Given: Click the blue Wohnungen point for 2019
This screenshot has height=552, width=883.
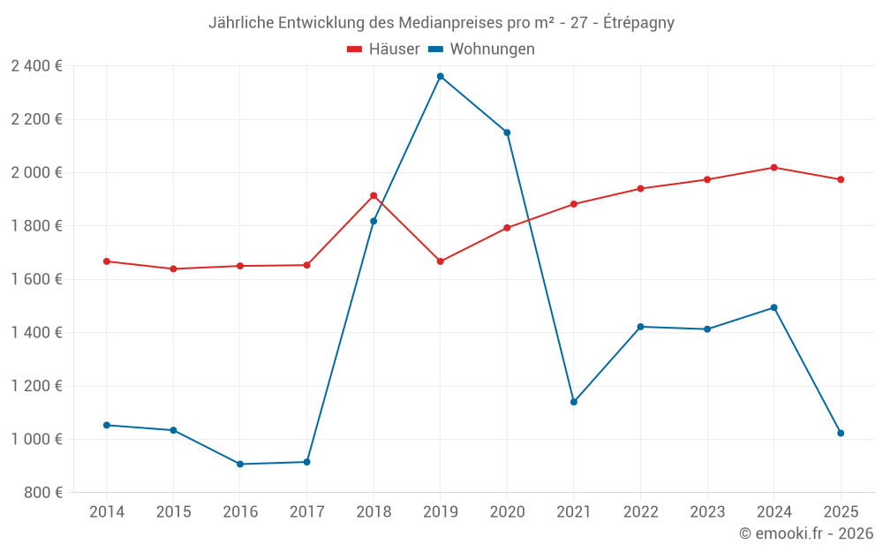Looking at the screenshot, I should pyautogui.click(x=440, y=76).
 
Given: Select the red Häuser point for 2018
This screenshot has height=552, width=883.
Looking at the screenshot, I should pyautogui.click(x=374, y=195).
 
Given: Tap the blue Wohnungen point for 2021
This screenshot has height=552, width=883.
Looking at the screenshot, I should pyautogui.click(x=574, y=402).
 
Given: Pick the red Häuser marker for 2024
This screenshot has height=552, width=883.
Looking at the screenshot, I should pyautogui.click(x=774, y=167).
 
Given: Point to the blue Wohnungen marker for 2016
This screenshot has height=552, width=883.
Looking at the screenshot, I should pyautogui.click(x=240, y=464).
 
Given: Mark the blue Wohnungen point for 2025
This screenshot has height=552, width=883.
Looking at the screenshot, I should pyautogui.click(x=841, y=433).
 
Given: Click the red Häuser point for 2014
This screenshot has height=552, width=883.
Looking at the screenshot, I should pyautogui.click(x=107, y=261).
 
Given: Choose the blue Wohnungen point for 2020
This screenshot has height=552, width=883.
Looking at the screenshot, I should pyautogui.click(x=507, y=132).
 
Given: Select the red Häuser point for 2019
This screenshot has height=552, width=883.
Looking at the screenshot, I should pyautogui.click(x=440, y=261).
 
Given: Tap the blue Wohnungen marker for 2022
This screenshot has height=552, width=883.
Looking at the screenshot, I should pyautogui.click(x=640, y=327).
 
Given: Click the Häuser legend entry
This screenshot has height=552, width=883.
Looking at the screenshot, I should pyautogui.click(x=383, y=49).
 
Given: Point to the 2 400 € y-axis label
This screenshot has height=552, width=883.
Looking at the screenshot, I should pyautogui.click(x=36, y=66).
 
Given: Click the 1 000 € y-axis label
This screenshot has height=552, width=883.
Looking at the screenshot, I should pyautogui.click(x=36, y=439).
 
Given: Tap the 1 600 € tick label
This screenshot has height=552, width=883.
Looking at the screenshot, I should pyautogui.click(x=36, y=279).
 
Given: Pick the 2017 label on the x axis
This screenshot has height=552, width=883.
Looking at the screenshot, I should pyautogui.click(x=306, y=511).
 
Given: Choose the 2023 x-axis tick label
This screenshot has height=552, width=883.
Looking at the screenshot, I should pyautogui.click(x=707, y=511).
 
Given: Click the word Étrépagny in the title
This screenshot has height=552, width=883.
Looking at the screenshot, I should pyautogui.click(x=638, y=23).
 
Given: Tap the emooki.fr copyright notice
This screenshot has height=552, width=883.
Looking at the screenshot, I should pyautogui.click(x=805, y=533).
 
